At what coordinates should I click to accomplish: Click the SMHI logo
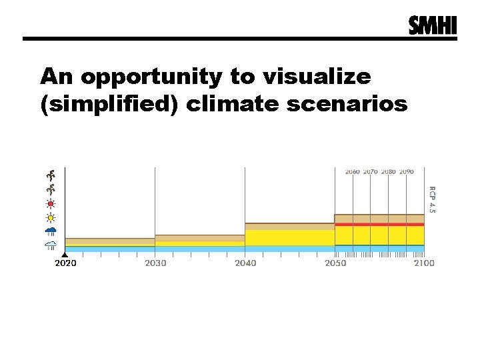433,25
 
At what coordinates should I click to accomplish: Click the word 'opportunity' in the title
149,78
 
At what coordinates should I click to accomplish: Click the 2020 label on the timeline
65,263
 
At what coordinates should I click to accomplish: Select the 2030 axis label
155,263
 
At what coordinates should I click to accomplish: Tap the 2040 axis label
245,263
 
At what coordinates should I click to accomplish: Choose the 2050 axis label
335,263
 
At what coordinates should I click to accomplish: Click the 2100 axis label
423,263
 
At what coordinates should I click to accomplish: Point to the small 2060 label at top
352,172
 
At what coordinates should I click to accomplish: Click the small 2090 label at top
406,172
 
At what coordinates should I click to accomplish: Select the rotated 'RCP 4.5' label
431,199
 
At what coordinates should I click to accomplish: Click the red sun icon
51,203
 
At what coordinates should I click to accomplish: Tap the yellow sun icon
51,217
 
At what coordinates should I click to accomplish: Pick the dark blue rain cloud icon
51,231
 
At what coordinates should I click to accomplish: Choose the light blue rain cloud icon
51,245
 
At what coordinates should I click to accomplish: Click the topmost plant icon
51,175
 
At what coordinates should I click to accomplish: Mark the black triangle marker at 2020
65,255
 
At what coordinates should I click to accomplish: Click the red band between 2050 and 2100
379,225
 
